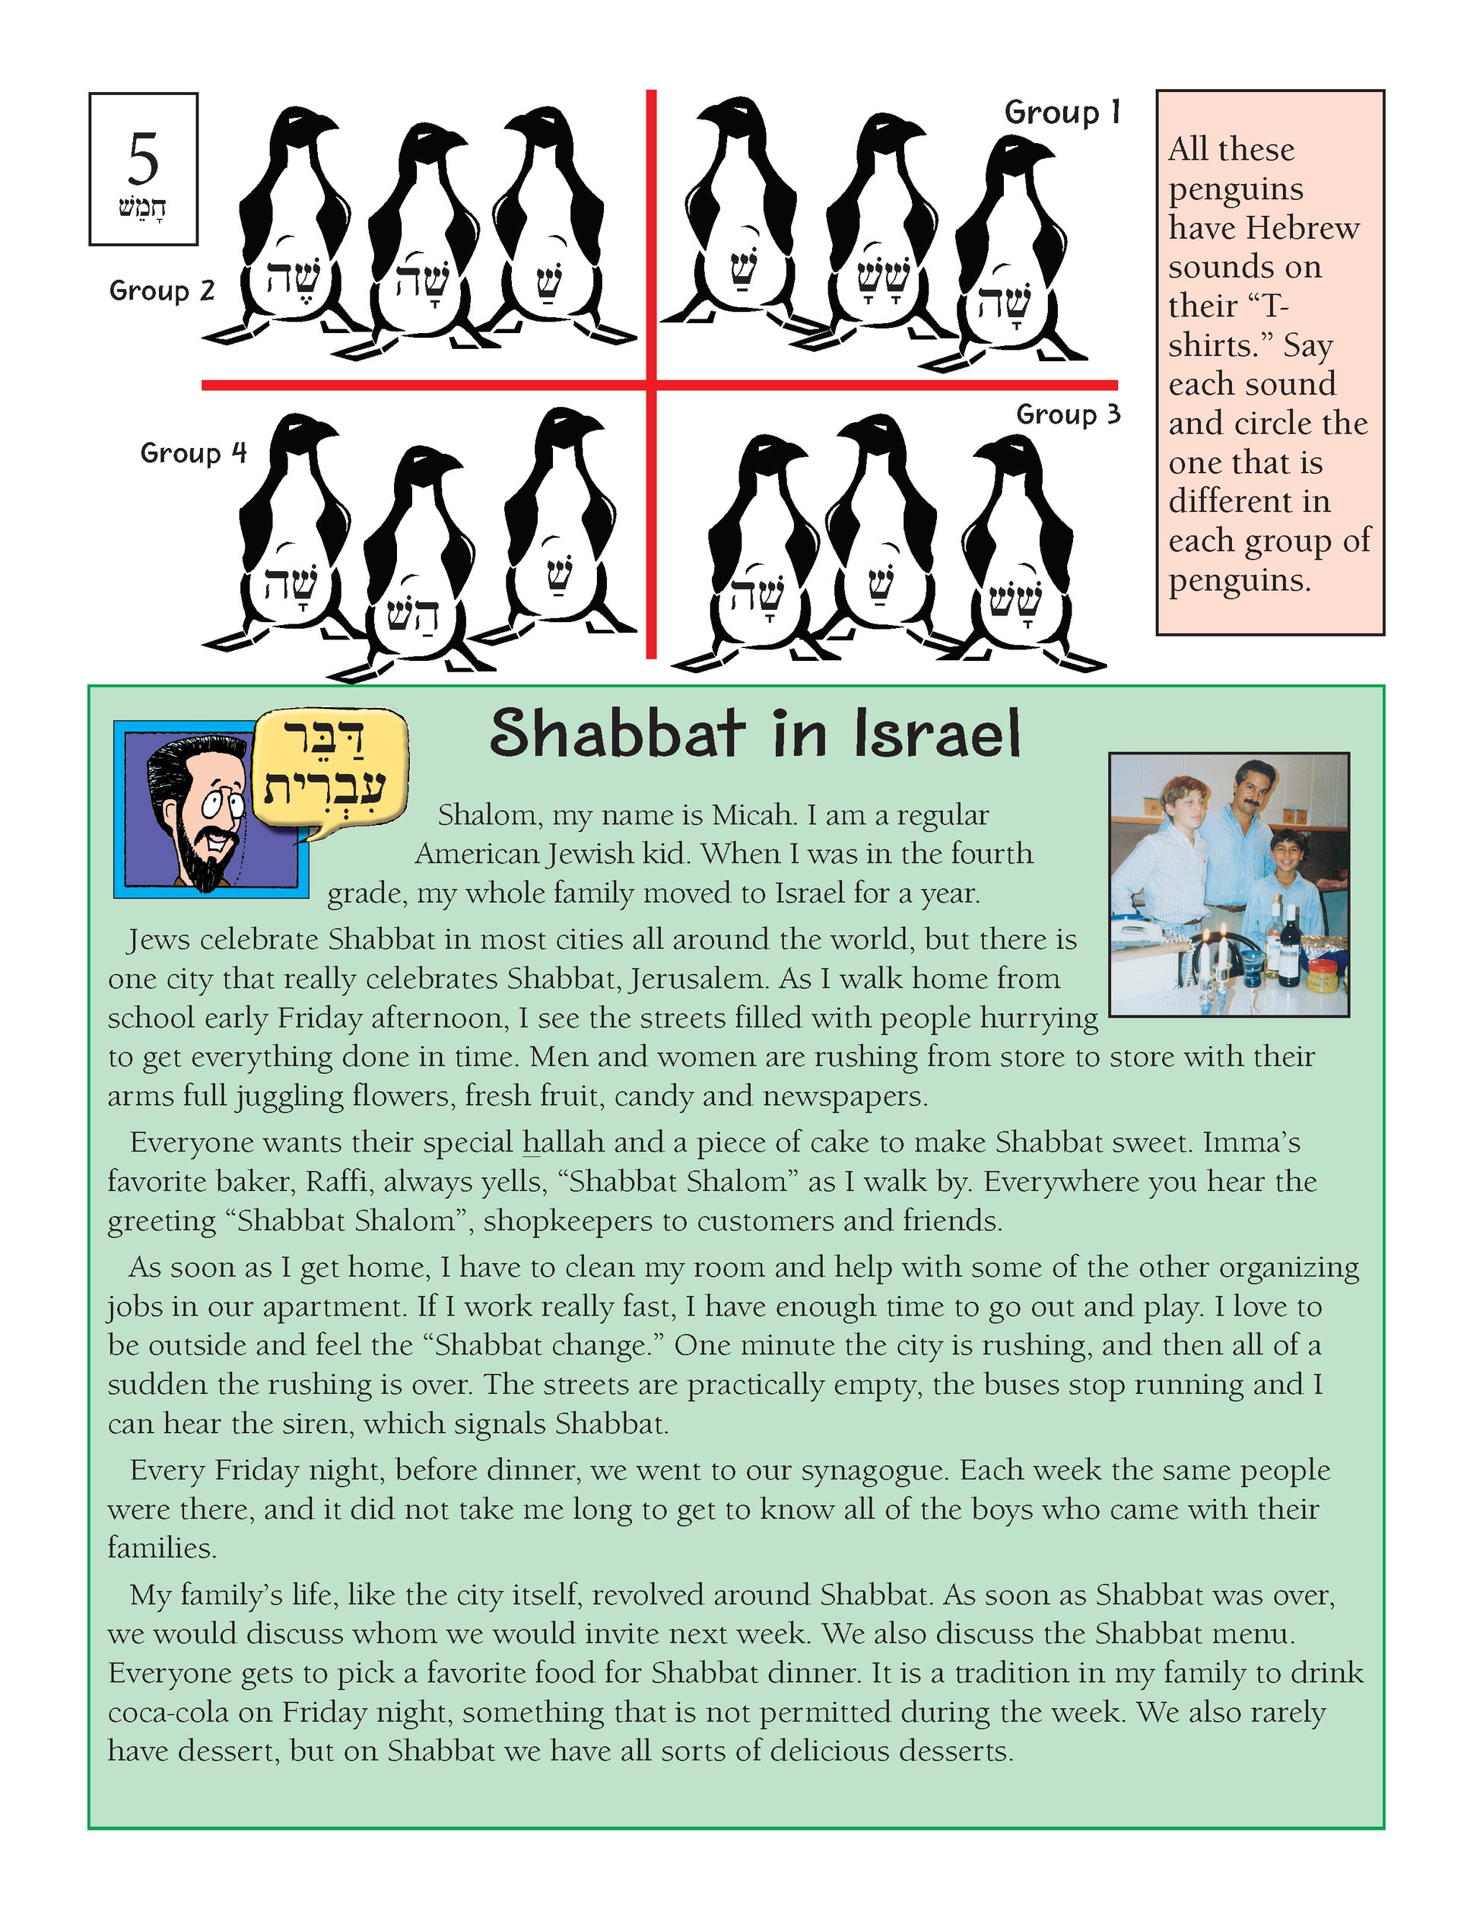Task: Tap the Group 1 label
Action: click(x=1062, y=113)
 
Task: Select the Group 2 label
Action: click(x=162, y=291)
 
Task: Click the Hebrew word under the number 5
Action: click(x=144, y=210)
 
